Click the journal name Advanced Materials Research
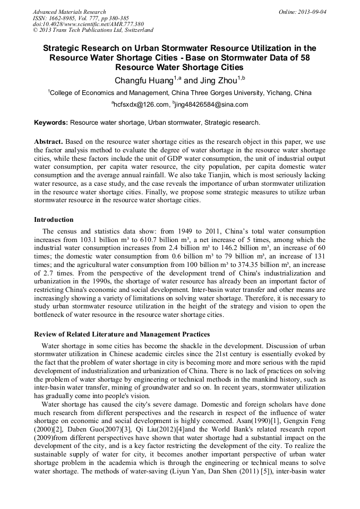coord(69,12)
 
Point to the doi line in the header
coord(88,24)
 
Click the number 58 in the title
coord(303,57)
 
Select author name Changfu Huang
coord(140,81)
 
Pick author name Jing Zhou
coord(217,81)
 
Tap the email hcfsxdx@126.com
coord(138,105)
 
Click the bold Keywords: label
coord(51,123)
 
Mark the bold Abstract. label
coord(49,142)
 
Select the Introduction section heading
coord(54,220)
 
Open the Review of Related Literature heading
coord(122,334)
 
